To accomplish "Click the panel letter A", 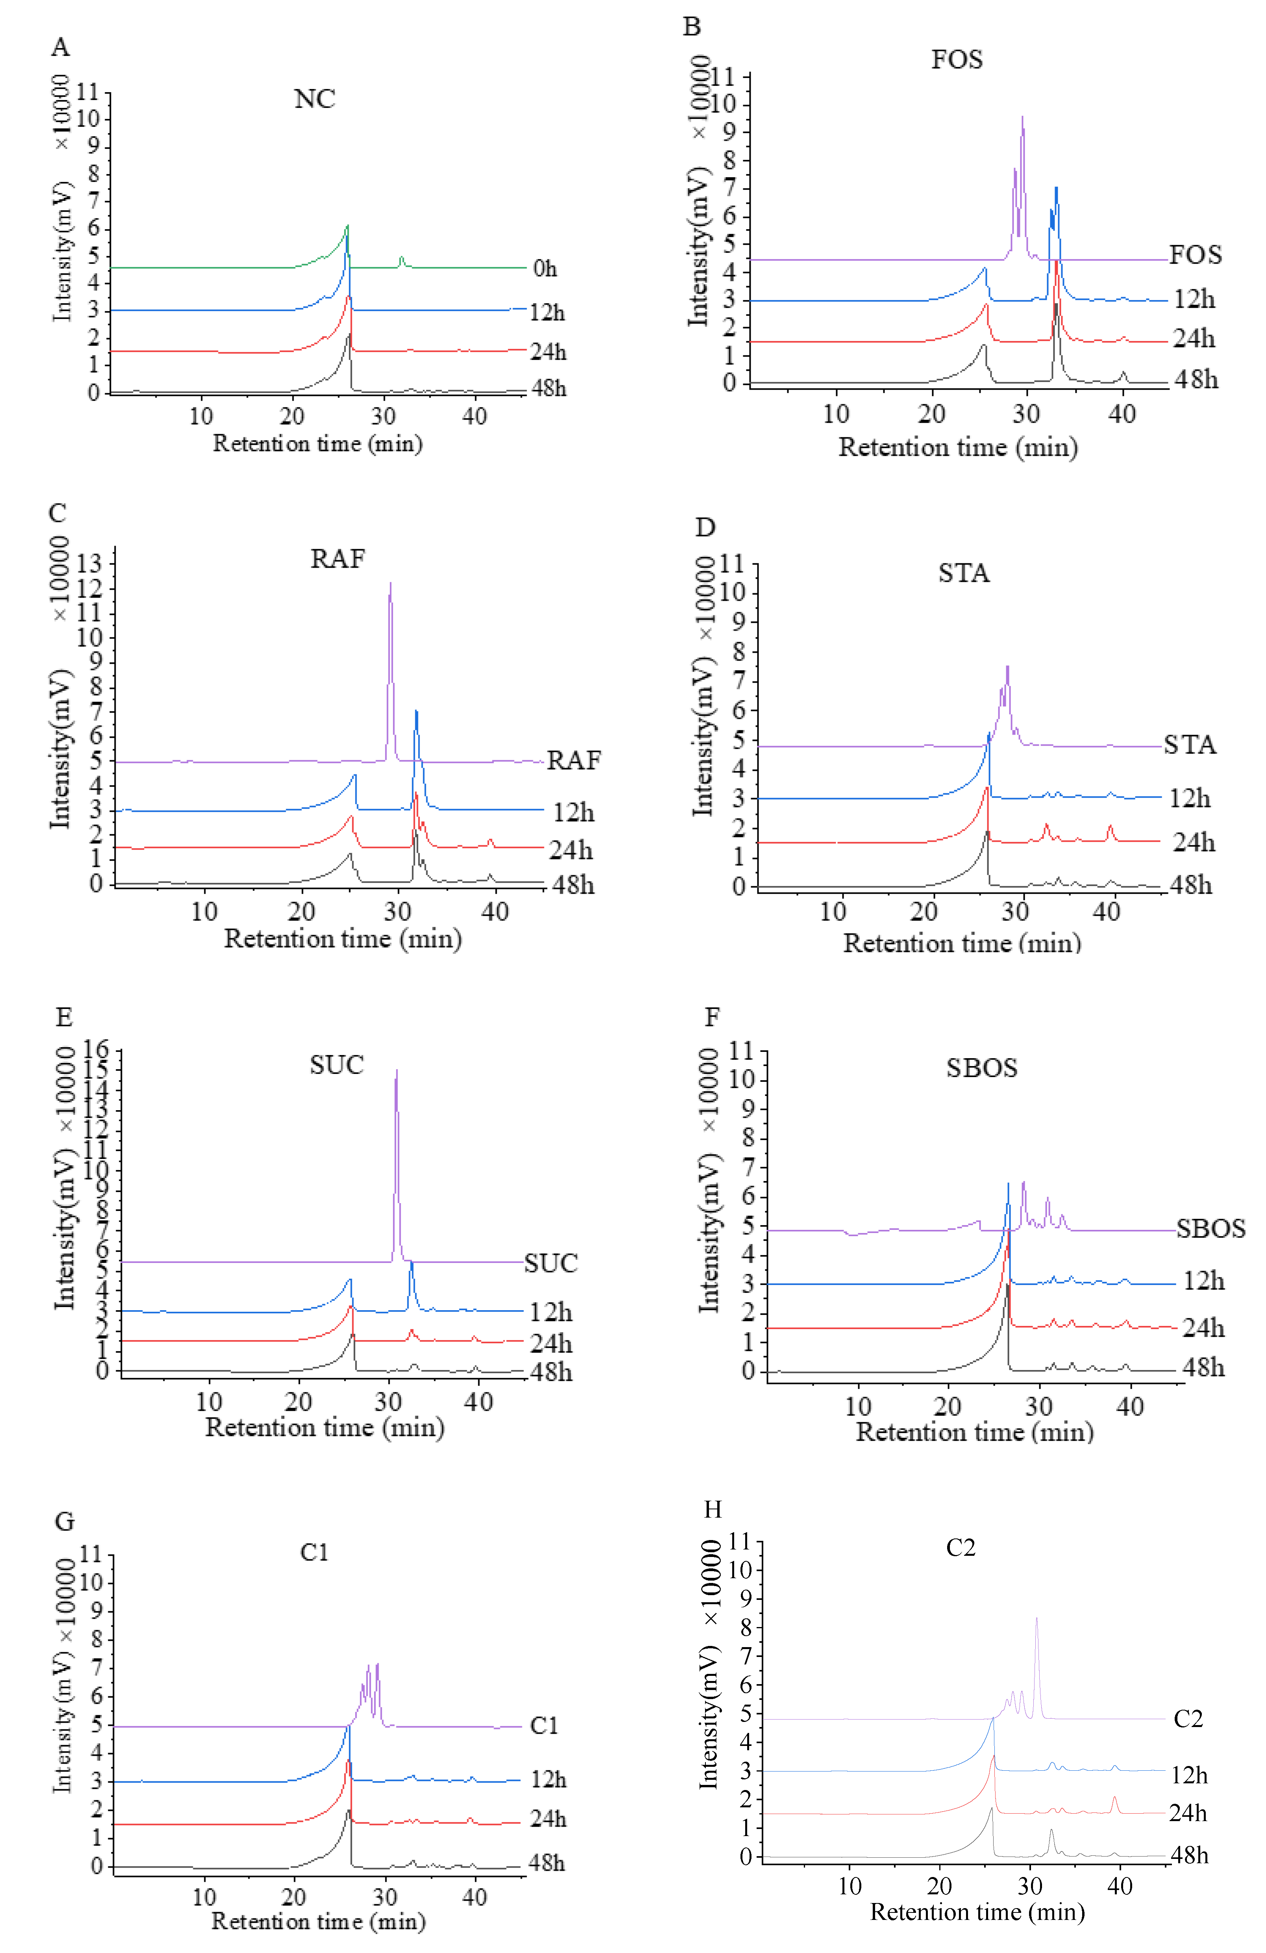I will [60, 48].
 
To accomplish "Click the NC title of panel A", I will [314, 99].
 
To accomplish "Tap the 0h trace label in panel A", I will [544, 268].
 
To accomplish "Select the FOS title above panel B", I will [957, 60].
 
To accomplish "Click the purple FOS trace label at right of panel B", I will [1195, 255].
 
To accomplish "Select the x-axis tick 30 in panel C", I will [398, 912].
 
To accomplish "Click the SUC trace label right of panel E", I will [551, 1263].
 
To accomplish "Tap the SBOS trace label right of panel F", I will [1210, 1228].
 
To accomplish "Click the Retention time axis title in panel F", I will [975, 1432].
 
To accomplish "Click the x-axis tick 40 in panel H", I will [1120, 1886].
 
